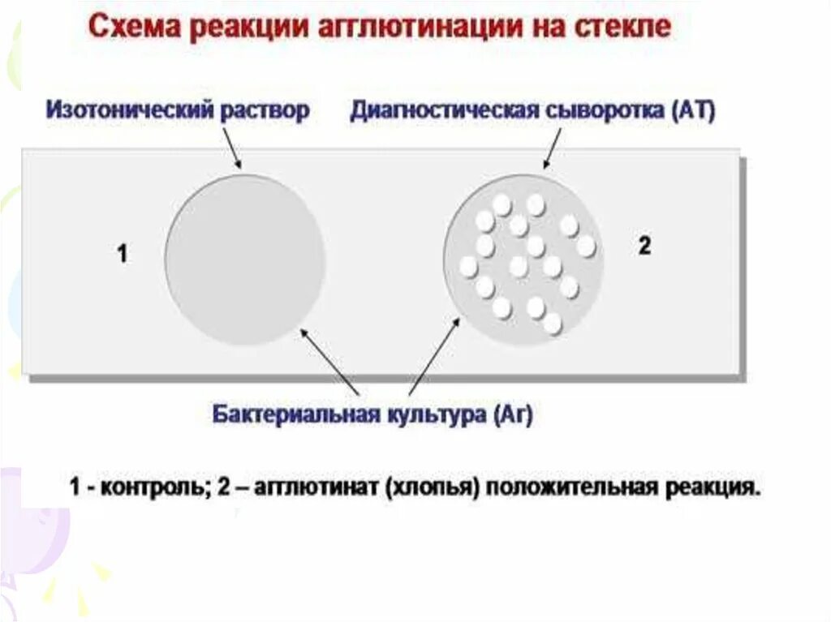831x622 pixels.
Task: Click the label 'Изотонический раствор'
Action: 178,110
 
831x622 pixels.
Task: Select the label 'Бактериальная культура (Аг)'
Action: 372,415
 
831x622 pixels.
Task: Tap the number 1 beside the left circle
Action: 122,255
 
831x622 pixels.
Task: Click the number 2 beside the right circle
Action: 644,247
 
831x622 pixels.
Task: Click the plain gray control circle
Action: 245,260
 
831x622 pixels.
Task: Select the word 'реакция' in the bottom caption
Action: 713,488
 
